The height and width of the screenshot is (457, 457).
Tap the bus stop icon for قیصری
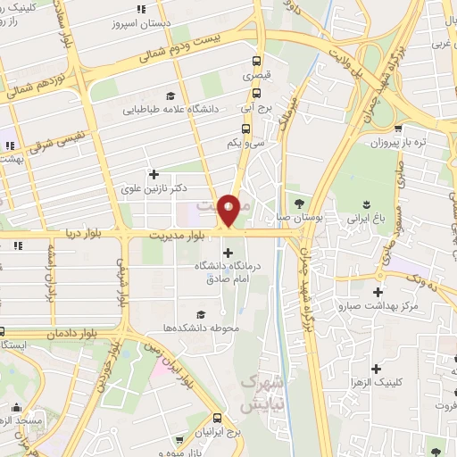coord(257,62)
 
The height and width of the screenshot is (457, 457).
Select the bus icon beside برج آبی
coord(245,105)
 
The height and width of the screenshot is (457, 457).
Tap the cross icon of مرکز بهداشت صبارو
coord(378,292)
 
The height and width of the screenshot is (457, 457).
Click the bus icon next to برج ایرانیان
coord(219,418)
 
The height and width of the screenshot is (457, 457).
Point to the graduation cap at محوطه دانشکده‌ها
coord(200,313)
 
